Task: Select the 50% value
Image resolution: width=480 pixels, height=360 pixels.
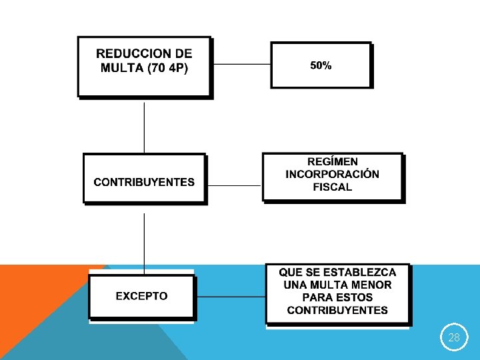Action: (321, 65)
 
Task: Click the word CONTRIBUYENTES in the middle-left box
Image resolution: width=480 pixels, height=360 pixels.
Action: (144, 181)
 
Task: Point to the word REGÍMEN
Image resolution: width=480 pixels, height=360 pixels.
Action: (333, 161)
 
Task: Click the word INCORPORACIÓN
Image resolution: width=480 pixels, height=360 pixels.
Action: (333, 174)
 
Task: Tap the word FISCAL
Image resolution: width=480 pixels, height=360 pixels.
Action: (333, 187)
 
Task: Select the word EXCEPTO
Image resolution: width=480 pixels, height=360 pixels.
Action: (141, 295)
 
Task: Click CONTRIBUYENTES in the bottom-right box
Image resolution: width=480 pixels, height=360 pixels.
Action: (337, 310)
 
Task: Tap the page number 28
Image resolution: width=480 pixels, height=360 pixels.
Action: (454, 338)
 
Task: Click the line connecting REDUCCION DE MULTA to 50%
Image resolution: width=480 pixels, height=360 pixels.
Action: (241, 65)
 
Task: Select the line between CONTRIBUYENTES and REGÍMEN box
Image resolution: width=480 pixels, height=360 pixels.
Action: (234, 185)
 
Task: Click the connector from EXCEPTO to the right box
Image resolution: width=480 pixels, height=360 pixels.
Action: (231, 296)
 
